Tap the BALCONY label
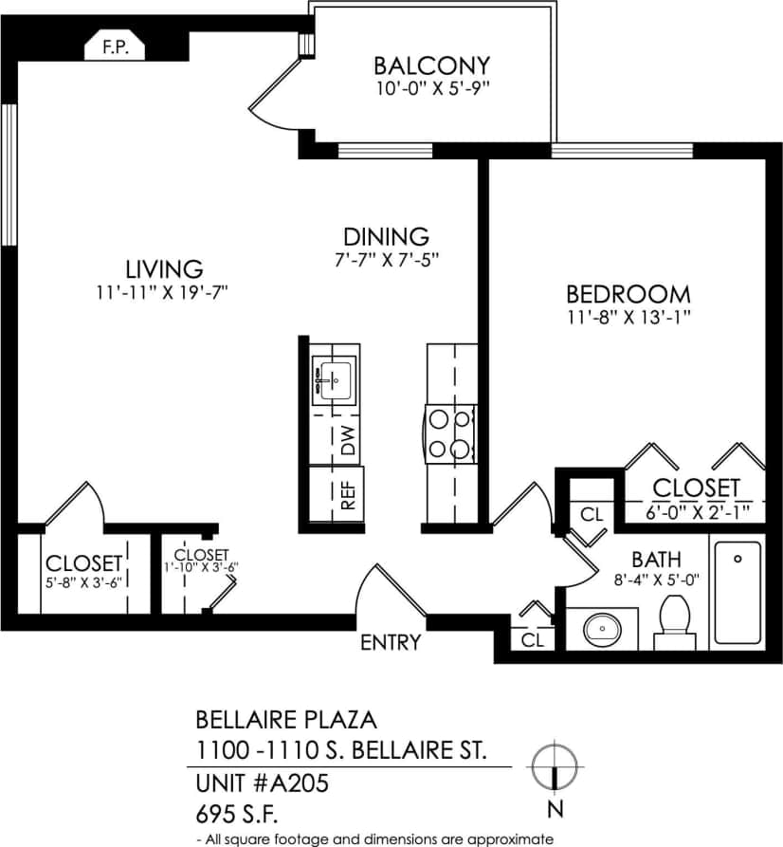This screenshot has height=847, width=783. [431, 65]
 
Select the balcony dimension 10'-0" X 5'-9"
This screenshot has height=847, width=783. [431, 89]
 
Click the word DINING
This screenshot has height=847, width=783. [386, 236]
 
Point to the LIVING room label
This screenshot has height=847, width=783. [164, 268]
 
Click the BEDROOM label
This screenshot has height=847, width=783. [628, 294]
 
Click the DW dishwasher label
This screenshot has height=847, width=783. [348, 442]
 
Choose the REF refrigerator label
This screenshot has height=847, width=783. [348, 498]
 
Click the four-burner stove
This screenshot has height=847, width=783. [449, 433]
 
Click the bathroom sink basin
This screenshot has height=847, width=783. [599, 628]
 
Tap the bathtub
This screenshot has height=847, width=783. [737, 595]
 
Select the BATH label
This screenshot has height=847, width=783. [656, 561]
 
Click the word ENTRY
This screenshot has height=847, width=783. [391, 643]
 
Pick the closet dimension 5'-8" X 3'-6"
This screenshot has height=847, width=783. [84, 580]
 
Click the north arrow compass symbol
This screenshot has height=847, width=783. [555, 765]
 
